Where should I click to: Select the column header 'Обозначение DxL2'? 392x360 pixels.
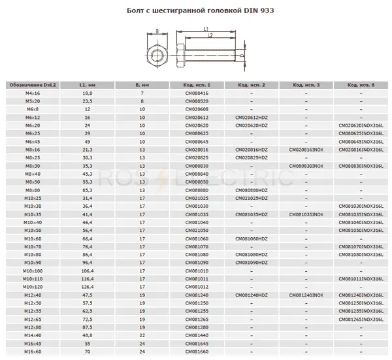point(32,85)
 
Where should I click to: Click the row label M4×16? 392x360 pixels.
point(32,93)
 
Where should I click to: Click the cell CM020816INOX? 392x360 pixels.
point(306,150)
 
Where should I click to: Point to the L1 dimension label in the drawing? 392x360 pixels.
point(206,29)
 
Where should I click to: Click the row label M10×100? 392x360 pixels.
point(32,270)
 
